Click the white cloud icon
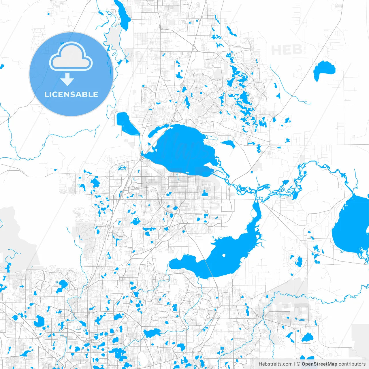click(71, 57)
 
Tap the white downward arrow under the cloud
click(67, 79)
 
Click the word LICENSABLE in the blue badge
click(71, 94)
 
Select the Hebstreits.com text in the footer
click(275, 364)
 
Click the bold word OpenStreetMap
click(319, 364)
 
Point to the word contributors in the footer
click(352, 364)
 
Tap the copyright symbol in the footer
click(299, 364)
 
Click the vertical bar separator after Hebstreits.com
click(295, 364)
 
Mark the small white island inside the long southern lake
click(224, 255)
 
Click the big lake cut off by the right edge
click(352, 228)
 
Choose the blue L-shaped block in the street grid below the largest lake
click(205, 193)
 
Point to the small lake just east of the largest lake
click(228, 144)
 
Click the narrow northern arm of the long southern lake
click(255, 213)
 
